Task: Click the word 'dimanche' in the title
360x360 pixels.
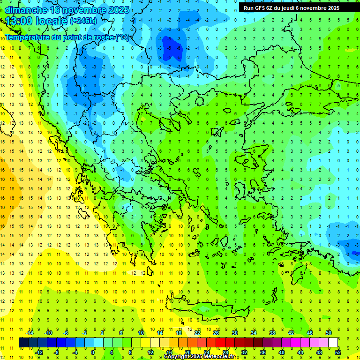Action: pyautogui.click(x=26, y=10)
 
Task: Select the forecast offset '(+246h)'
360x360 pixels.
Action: pyautogui.click(x=83, y=21)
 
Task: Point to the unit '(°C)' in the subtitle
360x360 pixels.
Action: pyautogui.click(x=122, y=37)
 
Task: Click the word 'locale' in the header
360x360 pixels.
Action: pyautogui.click(x=51, y=21)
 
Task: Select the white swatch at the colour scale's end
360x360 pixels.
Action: pyautogui.click(x=333, y=343)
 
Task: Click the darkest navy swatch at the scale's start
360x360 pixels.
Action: pyautogui.click(x=23, y=343)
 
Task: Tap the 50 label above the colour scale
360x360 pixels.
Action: pyautogui.click(x=329, y=333)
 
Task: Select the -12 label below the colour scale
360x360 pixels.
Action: pyautogui.click(x=39, y=352)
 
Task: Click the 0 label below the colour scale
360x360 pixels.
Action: pyautogui.click(x=93, y=352)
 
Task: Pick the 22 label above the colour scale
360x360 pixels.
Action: pyautogui.click(x=197, y=333)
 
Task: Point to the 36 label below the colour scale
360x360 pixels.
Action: pyautogui.click(x=263, y=352)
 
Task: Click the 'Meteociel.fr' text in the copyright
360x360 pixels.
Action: pyautogui.click(x=222, y=357)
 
